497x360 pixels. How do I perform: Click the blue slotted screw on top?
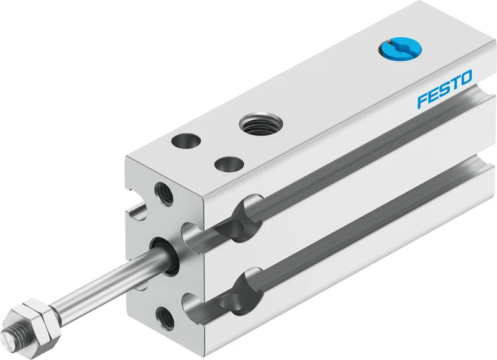[400, 49]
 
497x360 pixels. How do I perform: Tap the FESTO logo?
[445, 89]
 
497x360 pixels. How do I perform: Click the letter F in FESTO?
[423, 101]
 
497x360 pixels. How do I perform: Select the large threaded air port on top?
[260, 123]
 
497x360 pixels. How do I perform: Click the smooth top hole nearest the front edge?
[229, 164]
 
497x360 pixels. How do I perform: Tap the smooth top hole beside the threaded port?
[186, 141]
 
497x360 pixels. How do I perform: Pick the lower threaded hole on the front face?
[165, 318]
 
